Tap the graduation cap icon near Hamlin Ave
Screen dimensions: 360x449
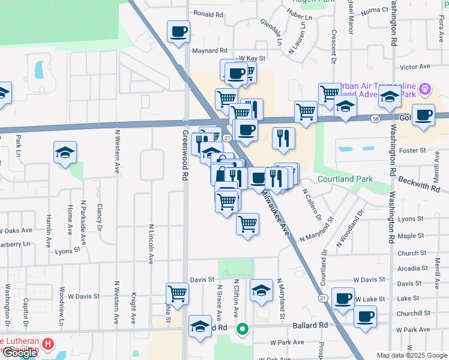tap(65, 152)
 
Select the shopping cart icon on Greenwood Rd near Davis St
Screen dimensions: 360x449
tap(178, 294)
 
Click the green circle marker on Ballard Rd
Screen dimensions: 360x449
tap(243, 329)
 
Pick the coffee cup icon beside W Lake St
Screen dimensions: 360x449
tap(343, 298)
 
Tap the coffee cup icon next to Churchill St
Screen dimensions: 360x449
tap(364, 316)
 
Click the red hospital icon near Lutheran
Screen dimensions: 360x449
tap(49, 345)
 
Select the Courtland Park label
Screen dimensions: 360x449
tap(345, 179)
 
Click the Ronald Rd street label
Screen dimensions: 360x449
tap(208, 14)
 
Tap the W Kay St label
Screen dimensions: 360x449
tap(252, 58)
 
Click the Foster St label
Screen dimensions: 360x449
tap(413, 151)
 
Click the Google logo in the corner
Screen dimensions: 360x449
tap(19, 353)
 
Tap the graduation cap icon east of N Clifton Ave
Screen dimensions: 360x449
tap(261, 290)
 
